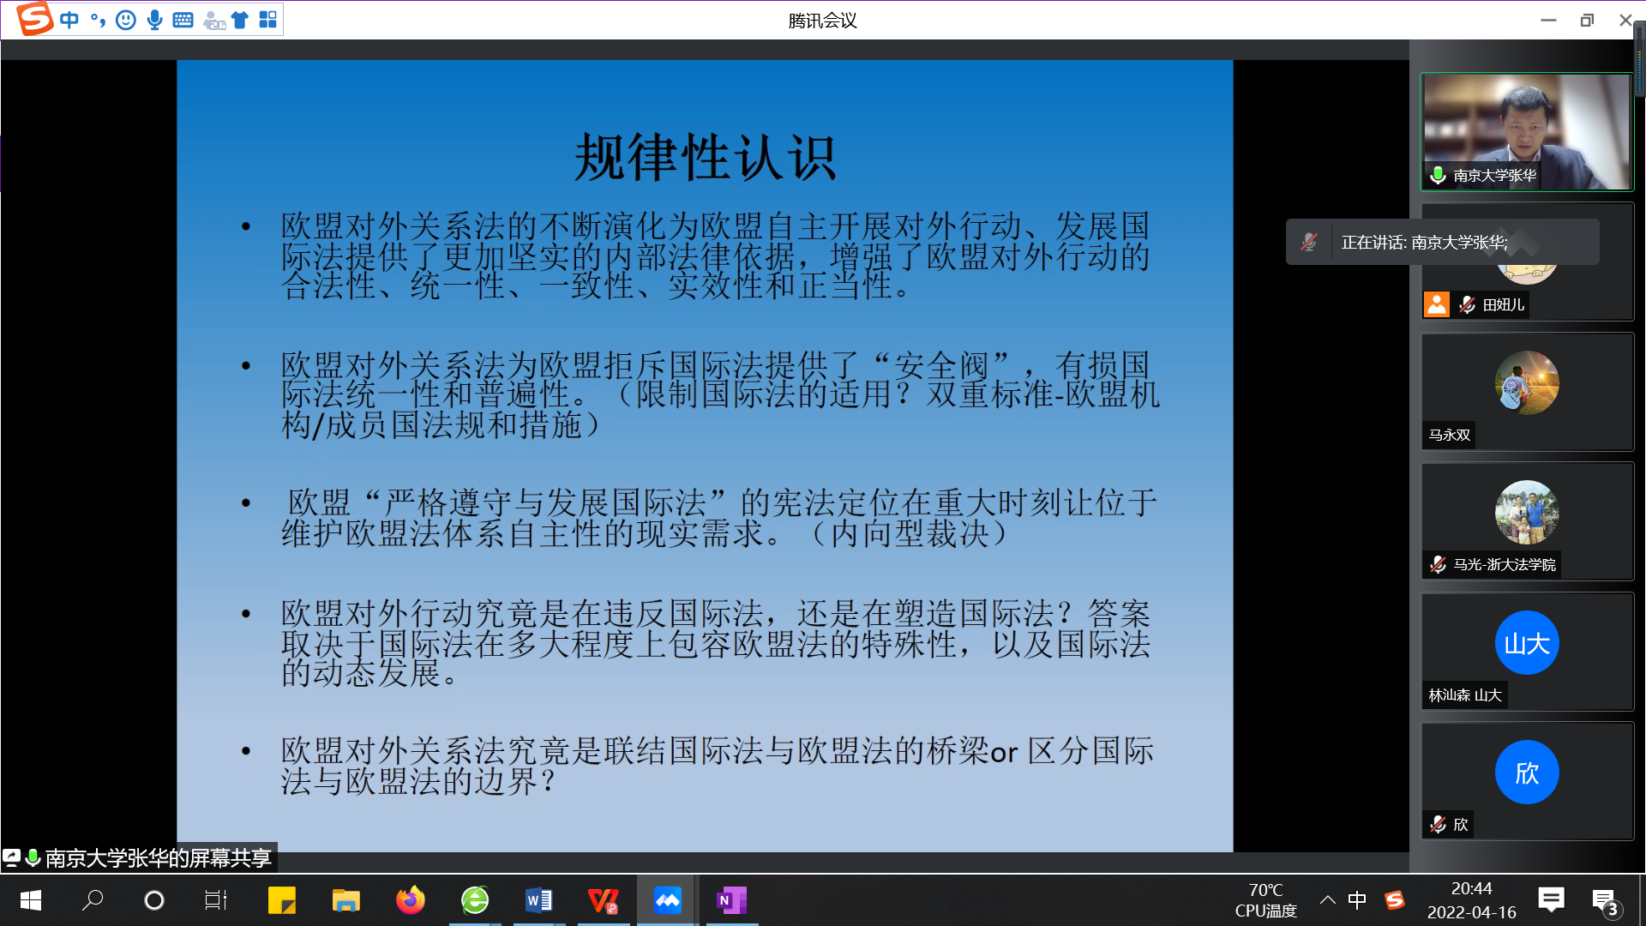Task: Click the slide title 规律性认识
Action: click(x=705, y=157)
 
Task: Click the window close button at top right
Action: click(x=1625, y=20)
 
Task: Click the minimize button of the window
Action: click(x=1548, y=20)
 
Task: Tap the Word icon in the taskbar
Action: click(x=539, y=900)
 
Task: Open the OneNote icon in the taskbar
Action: click(x=731, y=900)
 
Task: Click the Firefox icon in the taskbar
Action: click(x=411, y=900)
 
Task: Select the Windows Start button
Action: click(x=30, y=900)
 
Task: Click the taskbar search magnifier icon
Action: click(x=93, y=900)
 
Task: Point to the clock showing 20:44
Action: click(x=1471, y=889)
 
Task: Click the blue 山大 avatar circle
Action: click(x=1527, y=643)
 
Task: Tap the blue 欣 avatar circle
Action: click(x=1527, y=773)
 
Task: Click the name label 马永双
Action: click(x=1449, y=435)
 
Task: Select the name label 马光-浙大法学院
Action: click(x=1504, y=564)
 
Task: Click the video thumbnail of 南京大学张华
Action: click(x=1527, y=131)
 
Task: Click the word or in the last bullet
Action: click(x=1004, y=753)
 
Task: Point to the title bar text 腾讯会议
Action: click(x=822, y=20)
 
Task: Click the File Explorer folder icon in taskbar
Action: click(x=346, y=900)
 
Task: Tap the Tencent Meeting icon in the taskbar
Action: click(x=667, y=900)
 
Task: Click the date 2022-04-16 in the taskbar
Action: click(x=1471, y=912)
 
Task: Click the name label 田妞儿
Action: click(x=1504, y=304)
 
